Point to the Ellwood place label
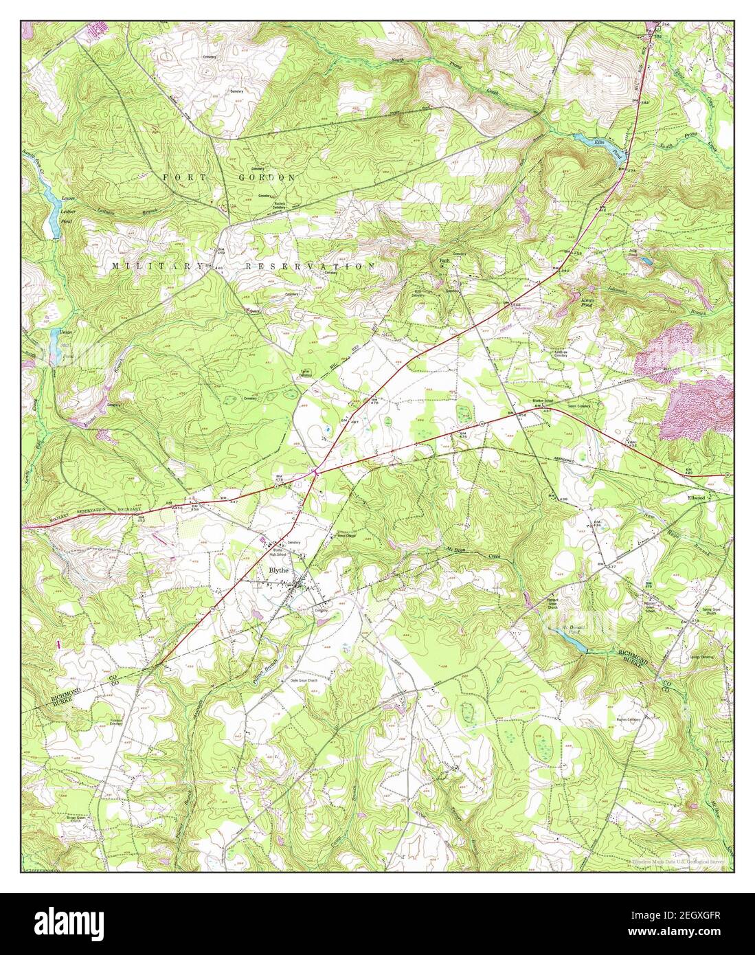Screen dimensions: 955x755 (x=696, y=497)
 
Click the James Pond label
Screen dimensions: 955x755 (x=587, y=300)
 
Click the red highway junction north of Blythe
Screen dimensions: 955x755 (x=315, y=471)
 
